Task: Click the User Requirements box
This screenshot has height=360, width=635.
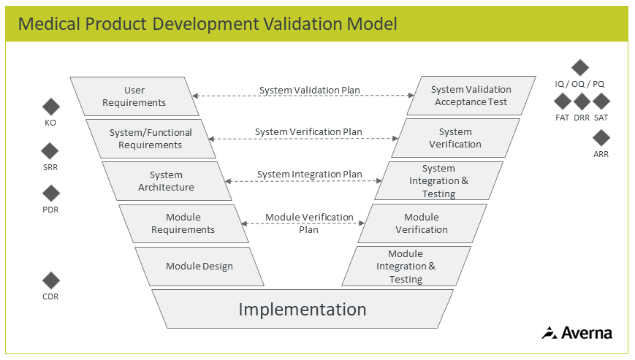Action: click(134, 96)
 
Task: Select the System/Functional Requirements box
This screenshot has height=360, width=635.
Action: click(151, 139)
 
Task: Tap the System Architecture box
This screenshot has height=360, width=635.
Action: click(167, 181)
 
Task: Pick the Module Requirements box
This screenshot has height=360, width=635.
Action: click(183, 223)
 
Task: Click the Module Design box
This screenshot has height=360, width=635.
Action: click(199, 267)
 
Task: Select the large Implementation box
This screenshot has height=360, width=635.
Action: click(303, 309)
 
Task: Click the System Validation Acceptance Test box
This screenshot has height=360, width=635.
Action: click(471, 96)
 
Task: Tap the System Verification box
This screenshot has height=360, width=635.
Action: click(455, 138)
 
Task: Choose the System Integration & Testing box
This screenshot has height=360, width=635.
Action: click(438, 181)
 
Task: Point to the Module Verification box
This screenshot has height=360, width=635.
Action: click(422, 223)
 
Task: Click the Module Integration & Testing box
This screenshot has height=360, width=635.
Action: click(406, 267)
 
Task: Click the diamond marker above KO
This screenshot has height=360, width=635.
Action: click(50, 107)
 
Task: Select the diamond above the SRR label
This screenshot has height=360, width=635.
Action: click(50, 151)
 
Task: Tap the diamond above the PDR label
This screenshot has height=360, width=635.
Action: click(50, 194)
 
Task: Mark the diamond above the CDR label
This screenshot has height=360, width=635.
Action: click(50, 280)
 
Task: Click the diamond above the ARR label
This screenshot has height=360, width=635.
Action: click(601, 137)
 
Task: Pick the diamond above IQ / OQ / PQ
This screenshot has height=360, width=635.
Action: click(579, 68)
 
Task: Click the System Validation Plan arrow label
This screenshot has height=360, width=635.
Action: click(309, 91)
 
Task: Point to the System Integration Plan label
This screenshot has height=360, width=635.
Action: click(309, 175)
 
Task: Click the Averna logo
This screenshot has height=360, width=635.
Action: click(577, 333)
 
